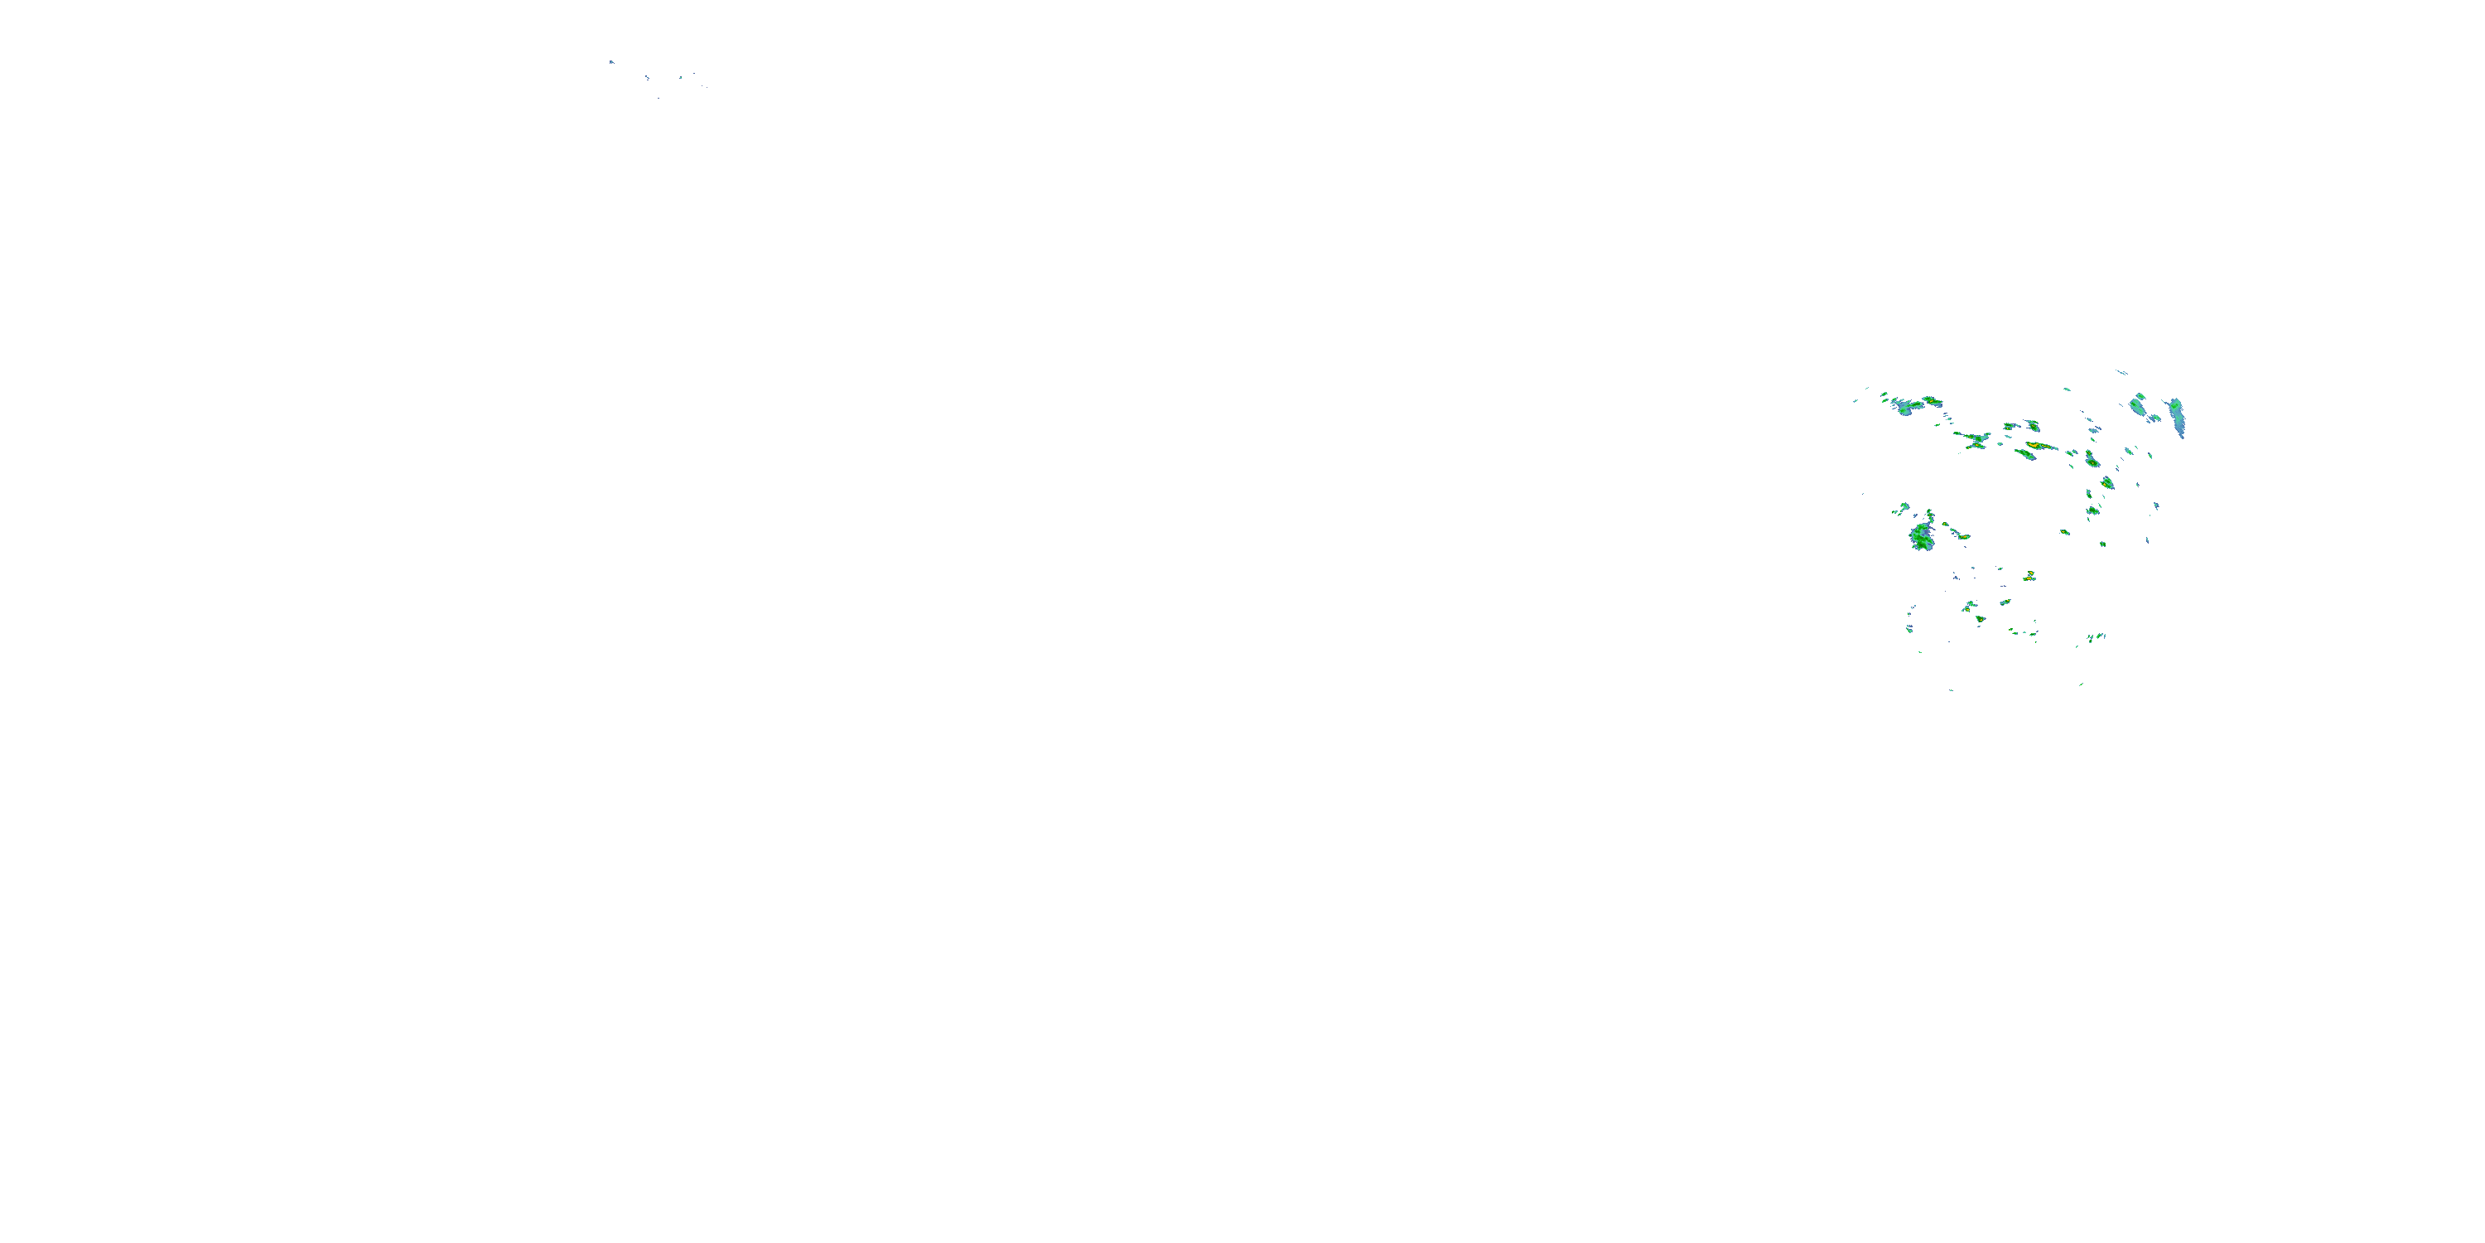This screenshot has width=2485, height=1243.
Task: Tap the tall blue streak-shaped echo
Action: [x=2176, y=417]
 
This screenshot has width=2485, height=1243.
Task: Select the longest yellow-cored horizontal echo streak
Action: [x=2038, y=446]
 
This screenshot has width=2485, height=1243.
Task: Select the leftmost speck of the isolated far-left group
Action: [x=611, y=63]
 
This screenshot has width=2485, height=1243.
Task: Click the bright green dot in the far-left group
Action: [x=680, y=77]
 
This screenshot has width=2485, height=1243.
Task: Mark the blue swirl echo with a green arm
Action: [x=1904, y=406]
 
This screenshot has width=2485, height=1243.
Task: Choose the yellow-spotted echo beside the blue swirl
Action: [x=1930, y=399]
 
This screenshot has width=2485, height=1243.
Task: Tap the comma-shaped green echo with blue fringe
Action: [x=2091, y=458]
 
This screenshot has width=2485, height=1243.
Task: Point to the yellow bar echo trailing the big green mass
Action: [x=1959, y=534]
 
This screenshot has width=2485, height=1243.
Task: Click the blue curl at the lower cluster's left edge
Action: [x=1910, y=627]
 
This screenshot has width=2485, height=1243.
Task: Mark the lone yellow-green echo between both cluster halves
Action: [x=2064, y=532]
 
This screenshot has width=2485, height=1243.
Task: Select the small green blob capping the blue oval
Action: [x=2140, y=399]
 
